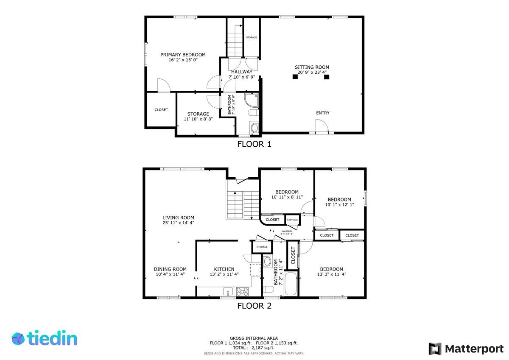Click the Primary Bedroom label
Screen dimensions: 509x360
pyautogui.click(x=183, y=55)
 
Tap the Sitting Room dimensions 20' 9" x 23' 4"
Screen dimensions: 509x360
pyautogui.click(x=312, y=72)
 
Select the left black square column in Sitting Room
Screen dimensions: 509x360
pyautogui.click(x=295, y=77)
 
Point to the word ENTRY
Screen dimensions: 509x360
pyautogui.click(x=323, y=113)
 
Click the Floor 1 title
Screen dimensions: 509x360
pyautogui.click(x=254, y=144)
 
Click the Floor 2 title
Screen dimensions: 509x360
pyautogui.click(x=254, y=306)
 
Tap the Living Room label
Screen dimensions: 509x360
pyautogui.click(x=178, y=218)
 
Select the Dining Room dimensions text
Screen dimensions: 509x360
pyautogui.click(x=170, y=274)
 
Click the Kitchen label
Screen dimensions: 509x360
pyautogui.click(x=224, y=269)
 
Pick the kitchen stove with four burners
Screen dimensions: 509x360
pyautogui.click(x=242, y=292)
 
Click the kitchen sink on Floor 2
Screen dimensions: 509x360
pyautogui.click(x=228, y=291)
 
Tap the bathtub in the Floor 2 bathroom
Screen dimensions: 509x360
pyautogui.click(x=291, y=284)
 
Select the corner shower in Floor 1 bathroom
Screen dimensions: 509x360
pyautogui.click(x=252, y=100)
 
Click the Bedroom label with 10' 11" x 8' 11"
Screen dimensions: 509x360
pyautogui.click(x=287, y=192)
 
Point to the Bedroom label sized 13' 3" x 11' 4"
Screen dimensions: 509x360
pyautogui.click(x=332, y=269)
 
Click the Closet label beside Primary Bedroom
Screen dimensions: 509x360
pyautogui.click(x=161, y=110)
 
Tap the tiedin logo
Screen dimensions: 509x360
pyautogui.click(x=45, y=339)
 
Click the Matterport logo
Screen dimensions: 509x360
pyautogui.click(x=466, y=349)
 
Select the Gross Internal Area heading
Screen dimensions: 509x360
pyautogui.click(x=254, y=338)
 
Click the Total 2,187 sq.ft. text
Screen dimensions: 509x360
pyautogui.click(x=254, y=348)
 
